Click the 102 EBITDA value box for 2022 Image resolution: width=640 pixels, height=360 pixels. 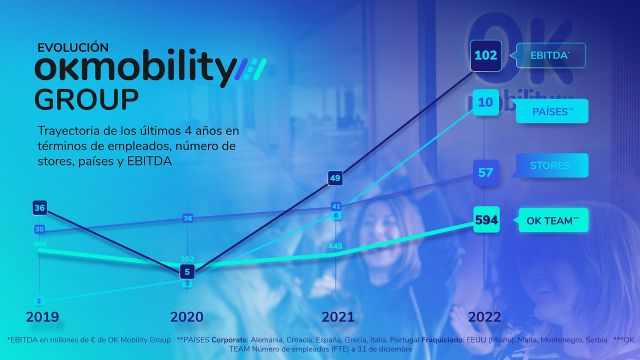pyautogui.click(x=487, y=56)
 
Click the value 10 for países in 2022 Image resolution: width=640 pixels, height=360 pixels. pyautogui.click(x=487, y=103)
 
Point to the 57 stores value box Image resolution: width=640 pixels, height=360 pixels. pyautogui.click(x=487, y=173)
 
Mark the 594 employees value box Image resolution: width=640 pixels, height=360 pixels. pyautogui.click(x=487, y=220)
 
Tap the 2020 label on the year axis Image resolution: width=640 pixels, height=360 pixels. pyautogui.click(x=187, y=317)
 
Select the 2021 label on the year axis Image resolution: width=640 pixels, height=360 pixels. pyautogui.click(x=337, y=317)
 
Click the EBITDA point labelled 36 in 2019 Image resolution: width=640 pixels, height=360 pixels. pyautogui.click(x=40, y=208)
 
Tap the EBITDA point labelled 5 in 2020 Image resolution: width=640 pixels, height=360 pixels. pyautogui.click(x=187, y=271)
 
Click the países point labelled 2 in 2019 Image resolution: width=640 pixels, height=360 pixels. pyautogui.click(x=39, y=300)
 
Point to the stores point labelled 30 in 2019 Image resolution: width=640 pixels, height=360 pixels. pyautogui.click(x=39, y=229)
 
